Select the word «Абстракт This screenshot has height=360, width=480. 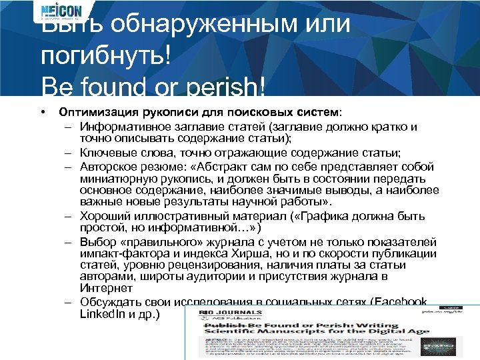point(217,166)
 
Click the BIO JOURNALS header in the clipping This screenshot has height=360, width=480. point(224,312)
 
